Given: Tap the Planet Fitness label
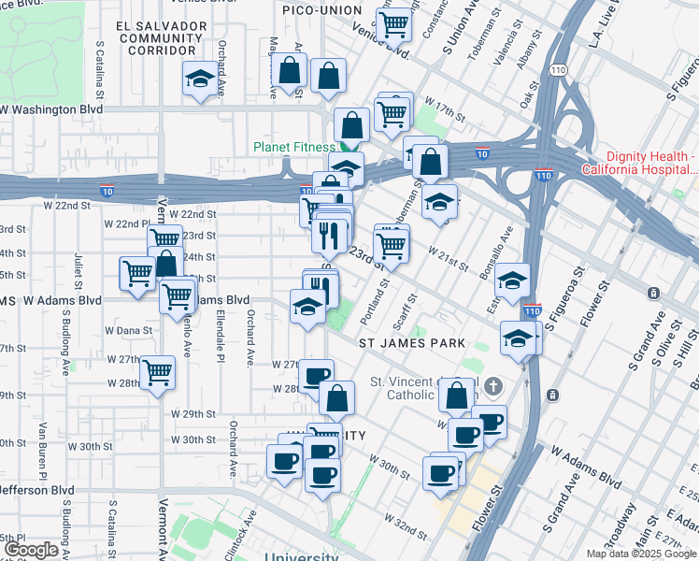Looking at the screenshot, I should (x=293, y=147).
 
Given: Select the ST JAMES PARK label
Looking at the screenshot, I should (x=413, y=343).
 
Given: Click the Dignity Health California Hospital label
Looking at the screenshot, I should (x=639, y=163).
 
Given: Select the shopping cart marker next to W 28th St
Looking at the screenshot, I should (x=157, y=371).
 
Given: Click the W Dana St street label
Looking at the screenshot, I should (x=128, y=330).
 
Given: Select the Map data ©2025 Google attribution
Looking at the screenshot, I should (x=642, y=554).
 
